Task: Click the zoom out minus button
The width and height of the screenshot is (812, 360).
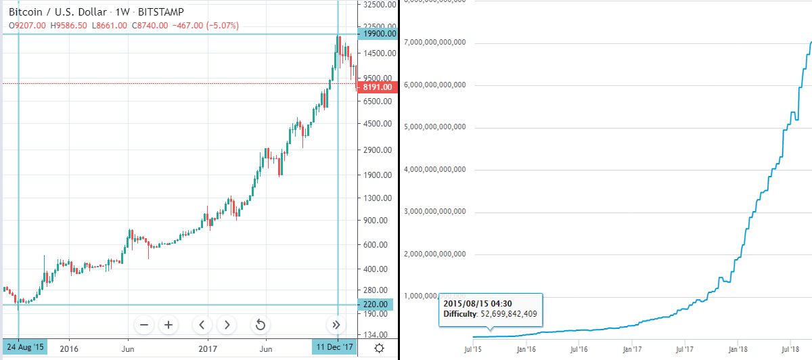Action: point(144,325)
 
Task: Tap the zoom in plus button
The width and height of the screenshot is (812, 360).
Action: point(168,325)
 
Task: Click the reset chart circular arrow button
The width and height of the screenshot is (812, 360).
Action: point(260,325)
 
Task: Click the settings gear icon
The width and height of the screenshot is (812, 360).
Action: point(380,348)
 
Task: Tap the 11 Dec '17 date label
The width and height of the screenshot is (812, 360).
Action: point(334,348)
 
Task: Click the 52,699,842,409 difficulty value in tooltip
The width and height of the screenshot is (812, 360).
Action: point(509,314)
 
